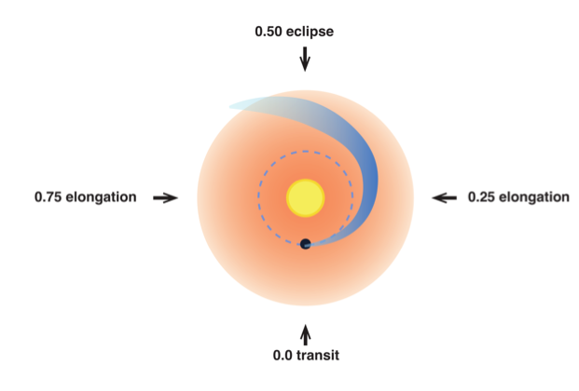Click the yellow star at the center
point(306,198)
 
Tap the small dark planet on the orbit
point(306,244)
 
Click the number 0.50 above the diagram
point(269,32)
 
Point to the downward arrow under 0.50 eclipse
point(305,59)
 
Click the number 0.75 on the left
point(48,197)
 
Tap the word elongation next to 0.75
point(102,197)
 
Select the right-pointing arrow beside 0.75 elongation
point(165,198)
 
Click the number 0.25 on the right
point(481,197)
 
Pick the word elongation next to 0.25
point(534,197)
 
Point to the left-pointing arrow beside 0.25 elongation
point(445,198)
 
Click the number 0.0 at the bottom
point(283,356)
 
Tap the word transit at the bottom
point(318,356)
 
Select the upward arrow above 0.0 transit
point(306,335)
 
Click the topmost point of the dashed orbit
point(306,151)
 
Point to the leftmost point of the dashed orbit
point(258,197)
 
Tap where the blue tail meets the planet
point(310,244)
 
